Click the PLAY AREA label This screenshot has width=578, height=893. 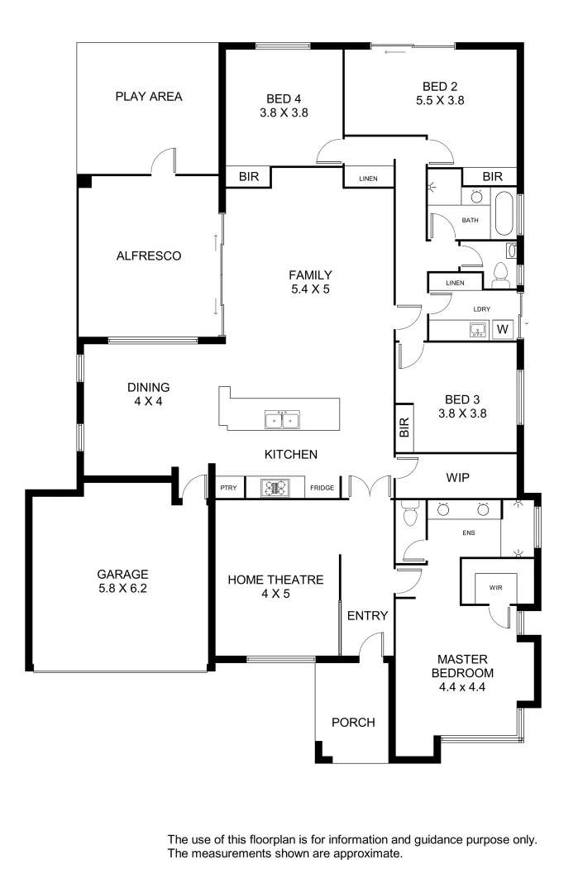149,97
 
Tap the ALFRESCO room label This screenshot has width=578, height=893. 149,256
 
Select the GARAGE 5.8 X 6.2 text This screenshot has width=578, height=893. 122,581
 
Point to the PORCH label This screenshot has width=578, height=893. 353,723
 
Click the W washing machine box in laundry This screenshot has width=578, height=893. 502,330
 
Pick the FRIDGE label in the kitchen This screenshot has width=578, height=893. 322,488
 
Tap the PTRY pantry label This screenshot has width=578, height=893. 228,488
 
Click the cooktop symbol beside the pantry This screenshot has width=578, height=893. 273,488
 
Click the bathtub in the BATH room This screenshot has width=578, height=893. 503,215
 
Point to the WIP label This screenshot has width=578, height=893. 457,478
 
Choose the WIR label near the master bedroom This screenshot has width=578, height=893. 496,588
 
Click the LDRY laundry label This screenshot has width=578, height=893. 481,309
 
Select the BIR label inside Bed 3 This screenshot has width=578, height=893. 404,427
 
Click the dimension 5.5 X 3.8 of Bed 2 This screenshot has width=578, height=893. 440,100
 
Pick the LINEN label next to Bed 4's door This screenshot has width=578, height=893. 369,179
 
